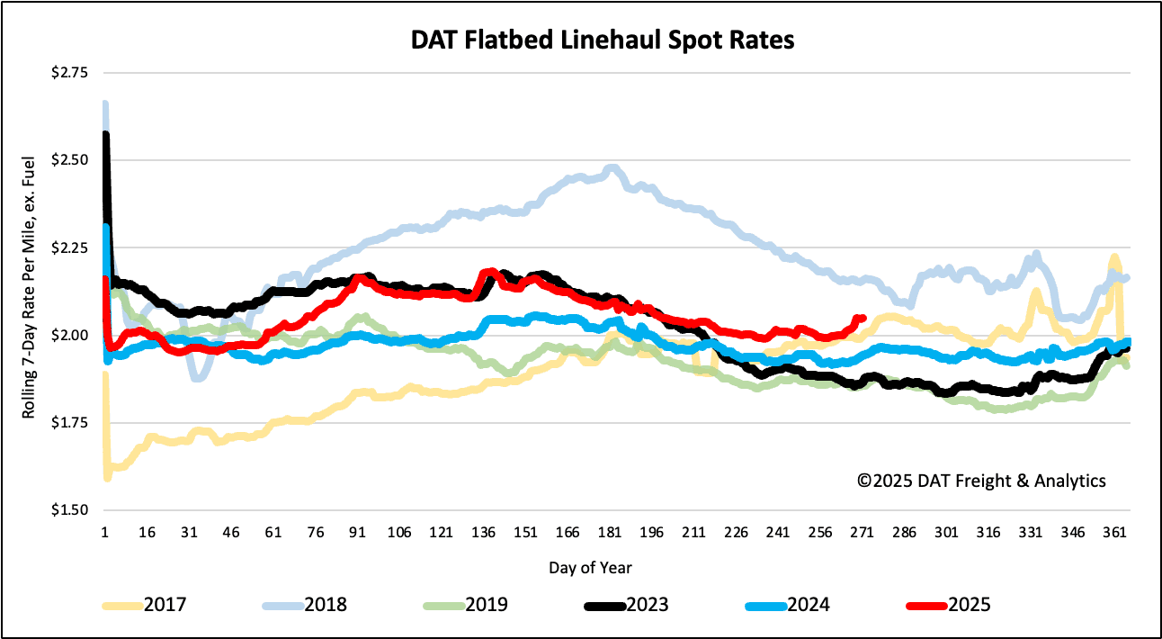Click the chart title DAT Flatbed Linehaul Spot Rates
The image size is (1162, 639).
(581, 41)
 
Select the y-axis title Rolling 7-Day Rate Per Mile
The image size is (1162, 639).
(30, 292)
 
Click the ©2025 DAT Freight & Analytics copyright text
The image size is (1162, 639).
(981, 481)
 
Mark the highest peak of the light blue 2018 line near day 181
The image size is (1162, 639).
(612, 168)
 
